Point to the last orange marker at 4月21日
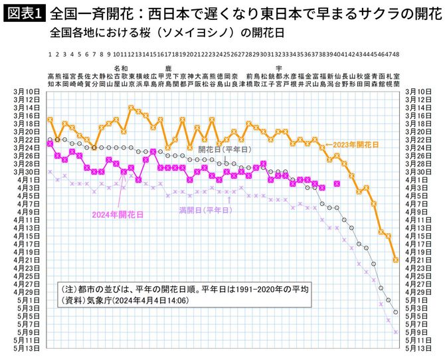tap(396, 260)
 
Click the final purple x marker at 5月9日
tap(396, 331)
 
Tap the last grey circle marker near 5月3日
tap(396, 312)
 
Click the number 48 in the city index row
tap(396, 55)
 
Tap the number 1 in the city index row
tap(50, 55)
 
